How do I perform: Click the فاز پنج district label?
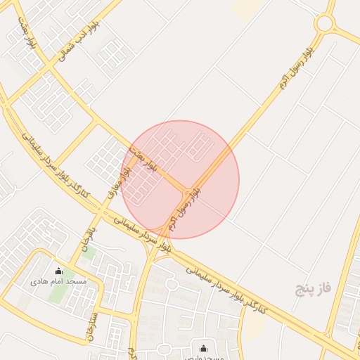[312, 288]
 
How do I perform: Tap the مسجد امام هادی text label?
[58, 281]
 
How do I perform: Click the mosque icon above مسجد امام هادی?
[58, 271]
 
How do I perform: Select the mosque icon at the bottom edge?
[204, 348]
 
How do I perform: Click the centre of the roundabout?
[325, 22]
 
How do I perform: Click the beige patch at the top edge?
[245, 8]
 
